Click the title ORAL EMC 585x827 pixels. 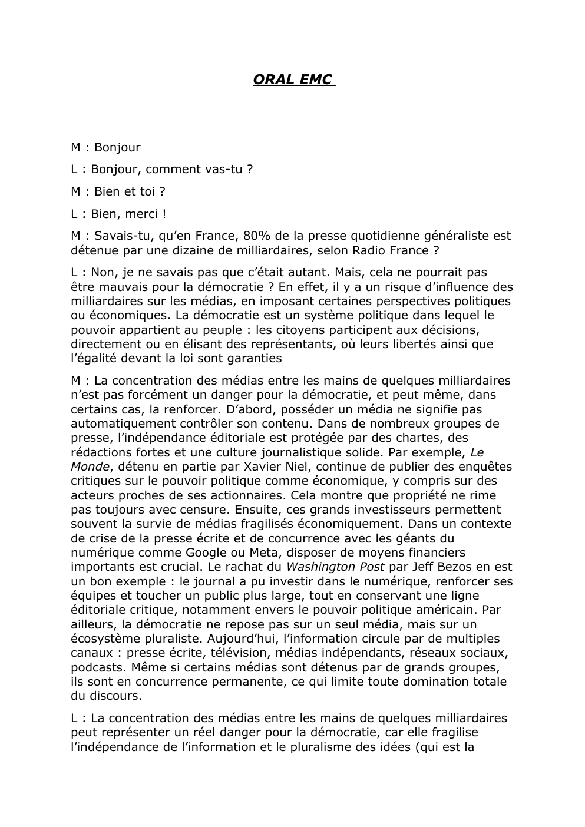293,80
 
